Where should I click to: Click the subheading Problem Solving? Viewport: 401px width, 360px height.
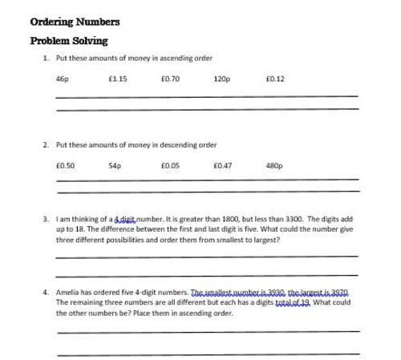pyautogui.click(x=68, y=40)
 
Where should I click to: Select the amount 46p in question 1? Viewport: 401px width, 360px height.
pyautogui.click(x=63, y=79)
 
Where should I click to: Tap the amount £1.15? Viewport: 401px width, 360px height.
pyautogui.click(x=117, y=79)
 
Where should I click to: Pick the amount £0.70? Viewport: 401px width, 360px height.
pyautogui.click(x=170, y=79)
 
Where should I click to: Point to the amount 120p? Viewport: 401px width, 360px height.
pyautogui.click(x=222, y=79)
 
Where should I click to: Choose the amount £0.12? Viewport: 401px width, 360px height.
pyautogui.click(x=274, y=79)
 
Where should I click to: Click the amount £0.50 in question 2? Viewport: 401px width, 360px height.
pyautogui.click(x=65, y=166)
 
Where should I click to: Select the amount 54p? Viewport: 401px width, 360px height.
pyautogui.click(x=114, y=166)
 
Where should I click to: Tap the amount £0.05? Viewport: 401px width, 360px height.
pyautogui.click(x=170, y=166)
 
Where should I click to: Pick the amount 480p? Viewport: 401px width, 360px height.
pyautogui.click(x=274, y=166)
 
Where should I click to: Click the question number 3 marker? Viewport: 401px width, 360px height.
pyautogui.click(x=45, y=218)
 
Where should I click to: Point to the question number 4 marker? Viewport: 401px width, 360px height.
pyautogui.click(x=45, y=293)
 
